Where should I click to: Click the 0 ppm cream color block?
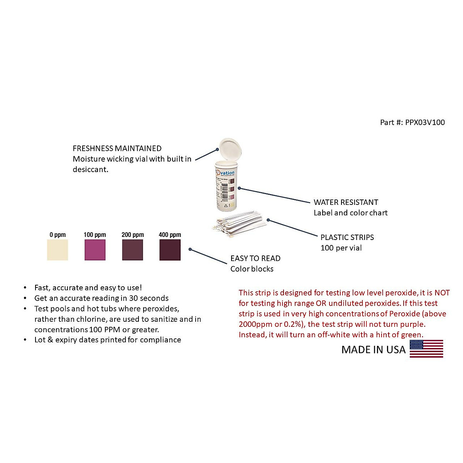(57, 250)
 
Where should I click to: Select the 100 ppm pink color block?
(95, 250)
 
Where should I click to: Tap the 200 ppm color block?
(132, 250)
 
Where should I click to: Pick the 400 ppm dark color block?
(170, 250)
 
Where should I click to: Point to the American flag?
(426, 349)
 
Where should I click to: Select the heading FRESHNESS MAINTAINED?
(117, 148)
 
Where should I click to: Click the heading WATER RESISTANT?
(346, 202)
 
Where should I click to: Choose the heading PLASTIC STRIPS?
(347, 237)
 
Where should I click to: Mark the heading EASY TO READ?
(255, 259)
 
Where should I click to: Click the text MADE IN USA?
(373, 350)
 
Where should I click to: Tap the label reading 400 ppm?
(170, 235)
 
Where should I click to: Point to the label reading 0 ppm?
(57, 235)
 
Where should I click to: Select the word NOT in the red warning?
(442, 293)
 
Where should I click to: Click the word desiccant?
(90, 169)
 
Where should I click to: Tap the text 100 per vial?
(341, 248)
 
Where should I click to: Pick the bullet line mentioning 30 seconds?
(101, 298)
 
